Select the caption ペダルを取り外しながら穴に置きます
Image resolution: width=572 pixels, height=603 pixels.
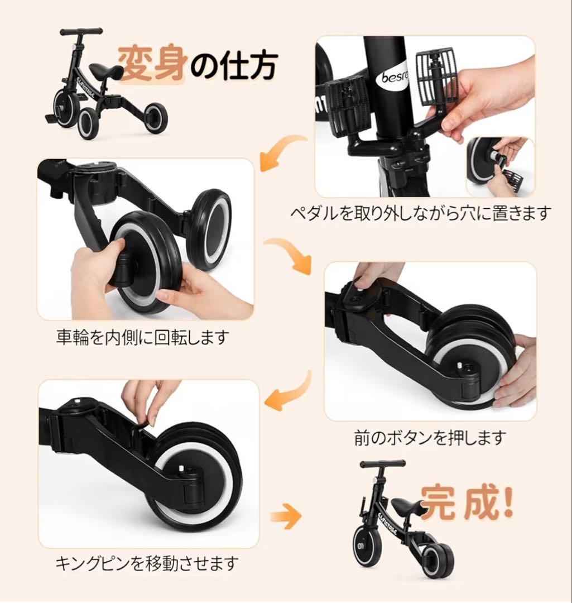(421, 213)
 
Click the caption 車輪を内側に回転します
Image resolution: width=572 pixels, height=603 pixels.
(143, 337)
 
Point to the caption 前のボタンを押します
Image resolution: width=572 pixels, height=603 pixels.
(430, 437)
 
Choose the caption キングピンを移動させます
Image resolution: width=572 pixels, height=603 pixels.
(147, 562)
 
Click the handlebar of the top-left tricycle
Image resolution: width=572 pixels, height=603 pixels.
(81, 32)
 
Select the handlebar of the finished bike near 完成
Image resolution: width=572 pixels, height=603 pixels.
(382, 464)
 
